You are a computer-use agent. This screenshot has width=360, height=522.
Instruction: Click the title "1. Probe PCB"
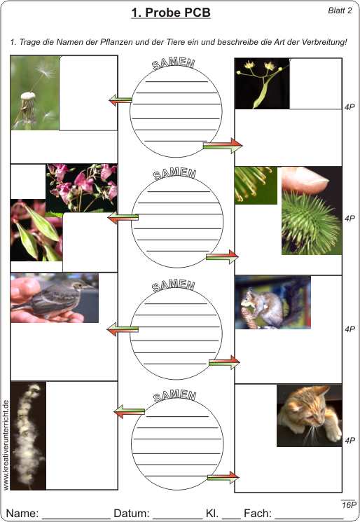coord(171,13)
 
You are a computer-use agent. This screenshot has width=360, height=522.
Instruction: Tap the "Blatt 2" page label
coord(340,11)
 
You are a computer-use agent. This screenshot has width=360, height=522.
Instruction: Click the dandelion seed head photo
coord(35,92)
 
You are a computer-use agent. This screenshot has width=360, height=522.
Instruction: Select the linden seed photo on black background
coord(262,83)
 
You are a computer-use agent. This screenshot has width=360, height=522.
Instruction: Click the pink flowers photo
coord(81,188)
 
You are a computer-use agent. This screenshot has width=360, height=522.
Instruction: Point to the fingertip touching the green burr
coord(305,180)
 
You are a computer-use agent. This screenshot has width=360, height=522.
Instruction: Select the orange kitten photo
coord(310,415)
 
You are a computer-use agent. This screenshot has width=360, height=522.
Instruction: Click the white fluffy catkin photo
coord(28,435)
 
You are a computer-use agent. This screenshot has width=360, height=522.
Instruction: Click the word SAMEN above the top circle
coord(173,63)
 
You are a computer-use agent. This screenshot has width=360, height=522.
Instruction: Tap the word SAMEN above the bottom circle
coord(174,395)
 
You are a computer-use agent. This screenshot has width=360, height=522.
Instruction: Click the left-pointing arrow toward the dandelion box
coord(120,99)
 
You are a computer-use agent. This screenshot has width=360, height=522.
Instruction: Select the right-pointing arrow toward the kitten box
coord(223,477)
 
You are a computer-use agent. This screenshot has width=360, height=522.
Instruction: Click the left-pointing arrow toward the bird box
coord(123,329)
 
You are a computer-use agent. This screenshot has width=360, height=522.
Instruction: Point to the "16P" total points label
coord(349,504)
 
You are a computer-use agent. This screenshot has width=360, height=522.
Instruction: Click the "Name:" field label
coord(22,513)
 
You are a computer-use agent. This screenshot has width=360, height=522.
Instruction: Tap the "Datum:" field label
coord(132,513)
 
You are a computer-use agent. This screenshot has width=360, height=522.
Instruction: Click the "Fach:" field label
coord(258,513)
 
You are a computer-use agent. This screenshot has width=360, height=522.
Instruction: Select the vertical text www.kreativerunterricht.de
coord(6,445)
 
